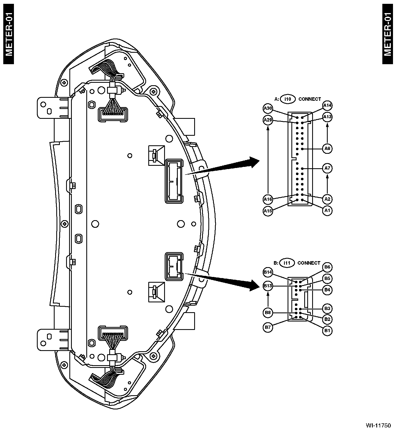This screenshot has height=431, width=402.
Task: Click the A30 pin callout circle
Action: pos(268,108)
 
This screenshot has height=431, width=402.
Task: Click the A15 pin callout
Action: pos(268,211)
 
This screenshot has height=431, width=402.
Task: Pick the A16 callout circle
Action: pos(268,199)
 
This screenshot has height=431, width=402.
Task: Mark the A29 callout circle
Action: pos(268,120)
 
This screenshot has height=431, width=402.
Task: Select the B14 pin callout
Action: pos(268,272)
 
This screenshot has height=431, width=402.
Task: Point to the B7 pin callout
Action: pos(268,327)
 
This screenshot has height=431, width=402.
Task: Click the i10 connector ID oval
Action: pos(288,99)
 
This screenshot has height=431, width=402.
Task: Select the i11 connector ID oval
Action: pos(287,263)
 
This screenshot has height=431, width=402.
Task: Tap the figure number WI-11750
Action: pos(379,426)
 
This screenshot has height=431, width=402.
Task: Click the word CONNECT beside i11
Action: pos(309,263)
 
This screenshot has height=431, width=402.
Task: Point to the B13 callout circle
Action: pos(268,286)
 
